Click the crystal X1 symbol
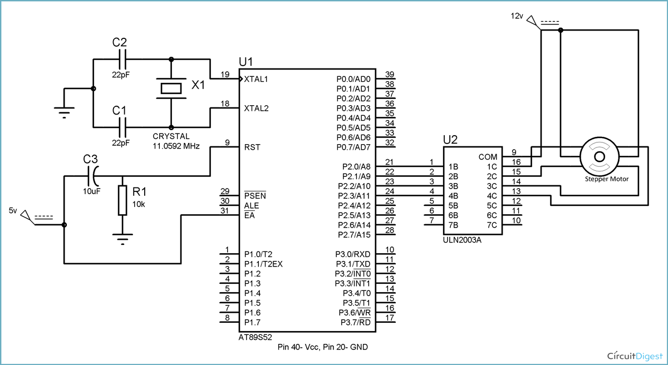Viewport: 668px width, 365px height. click(x=171, y=88)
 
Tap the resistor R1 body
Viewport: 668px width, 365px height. click(x=121, y=200)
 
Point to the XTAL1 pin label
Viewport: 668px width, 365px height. click(x=256, y=79)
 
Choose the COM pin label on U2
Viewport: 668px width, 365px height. click(x=488, y=157)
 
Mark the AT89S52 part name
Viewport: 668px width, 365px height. click(x=256, y=337)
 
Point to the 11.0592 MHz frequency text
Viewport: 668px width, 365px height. click(x=176, y=146)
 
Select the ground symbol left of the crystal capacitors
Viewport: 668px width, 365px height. click(x=65, y=113)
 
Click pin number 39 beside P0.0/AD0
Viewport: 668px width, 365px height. click(x=390, y=75)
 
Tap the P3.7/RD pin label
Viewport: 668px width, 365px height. click(x=356, y=323)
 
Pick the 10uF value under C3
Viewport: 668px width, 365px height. click(x=91, y=191)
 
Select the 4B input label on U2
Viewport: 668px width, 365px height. click(x=453, y=196)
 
